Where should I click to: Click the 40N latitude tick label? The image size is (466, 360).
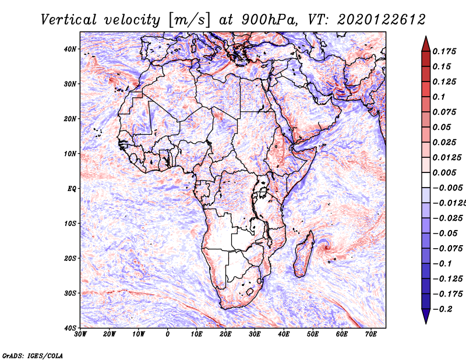(x=70, y=49)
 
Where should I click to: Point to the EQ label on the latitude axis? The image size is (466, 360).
(x=72, y=189)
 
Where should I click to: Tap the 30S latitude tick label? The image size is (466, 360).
(x=70, y=294)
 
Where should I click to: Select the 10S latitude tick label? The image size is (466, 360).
(x=70, y=224)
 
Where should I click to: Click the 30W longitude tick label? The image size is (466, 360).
(x=80, y=334)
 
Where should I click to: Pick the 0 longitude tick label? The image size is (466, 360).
(x=168, y=334)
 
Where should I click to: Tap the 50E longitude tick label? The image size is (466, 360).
(x=313, y=334)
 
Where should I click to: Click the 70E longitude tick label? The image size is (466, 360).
(x=371, y=334)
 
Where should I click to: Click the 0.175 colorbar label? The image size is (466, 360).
(x=444, y=52)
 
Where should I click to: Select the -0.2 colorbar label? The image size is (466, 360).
(x=442, y=309)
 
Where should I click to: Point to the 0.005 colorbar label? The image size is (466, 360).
(x=444, y=172)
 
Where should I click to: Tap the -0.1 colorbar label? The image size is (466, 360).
(x=442, y=264)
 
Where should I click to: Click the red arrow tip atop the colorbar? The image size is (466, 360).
(x=426, y=37)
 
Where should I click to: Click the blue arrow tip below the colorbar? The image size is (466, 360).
(x=426, y=323)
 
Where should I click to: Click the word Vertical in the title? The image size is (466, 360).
(x=69, y=20)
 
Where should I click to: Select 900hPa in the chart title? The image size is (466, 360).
(x=269, y=20)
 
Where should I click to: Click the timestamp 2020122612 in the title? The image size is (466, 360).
(x=382, y=20)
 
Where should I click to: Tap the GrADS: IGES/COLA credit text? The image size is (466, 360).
(x=33, y=356)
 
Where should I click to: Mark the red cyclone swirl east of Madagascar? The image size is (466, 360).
(x=327, y=247)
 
